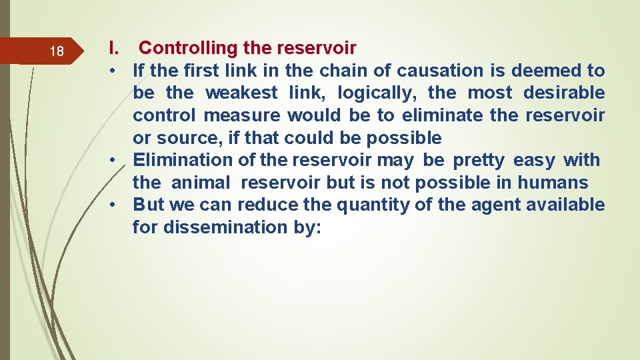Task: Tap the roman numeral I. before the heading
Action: tap(114, 48)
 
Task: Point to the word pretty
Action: tap(479, 161)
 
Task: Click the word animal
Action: tap(201, 183)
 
